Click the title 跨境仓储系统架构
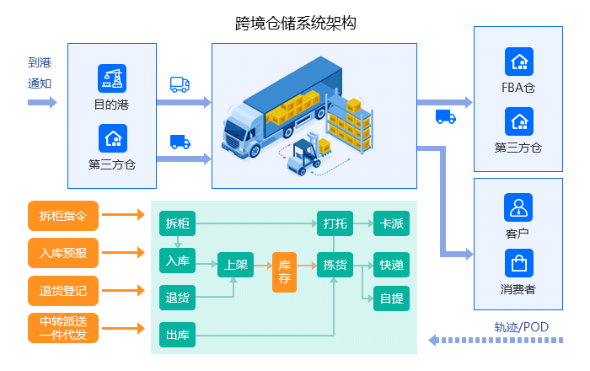coord(296,23)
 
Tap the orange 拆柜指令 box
coord(63,215)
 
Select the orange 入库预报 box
coord(63,252)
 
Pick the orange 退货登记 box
coord(63,290)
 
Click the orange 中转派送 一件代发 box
coord(63,328)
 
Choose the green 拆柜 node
coord(177,224)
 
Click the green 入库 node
coord(177,261)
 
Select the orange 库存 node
coord(285,272)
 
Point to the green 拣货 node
coord(335,266)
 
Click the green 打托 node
coord(335,224)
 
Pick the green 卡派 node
coord(391,224)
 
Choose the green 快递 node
coord(391,266)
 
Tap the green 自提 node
coord(391,298)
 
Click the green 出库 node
coord(177,336)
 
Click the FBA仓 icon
coord(518,62)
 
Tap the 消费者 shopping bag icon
coord(518,263)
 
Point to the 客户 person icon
coord(518,207)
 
